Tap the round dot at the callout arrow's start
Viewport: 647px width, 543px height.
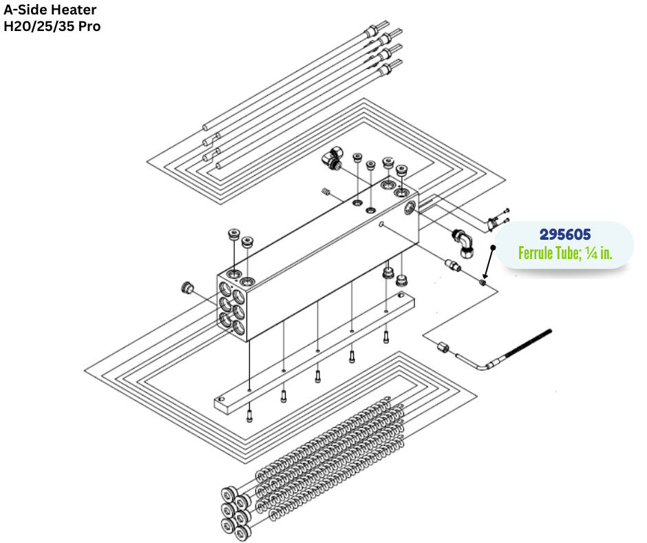click(493, 247)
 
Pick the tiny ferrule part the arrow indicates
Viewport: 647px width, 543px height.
click(485, 282)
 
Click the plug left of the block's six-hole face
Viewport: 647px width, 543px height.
click(185, 285)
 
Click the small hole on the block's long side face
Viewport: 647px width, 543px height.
click(381, 224)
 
